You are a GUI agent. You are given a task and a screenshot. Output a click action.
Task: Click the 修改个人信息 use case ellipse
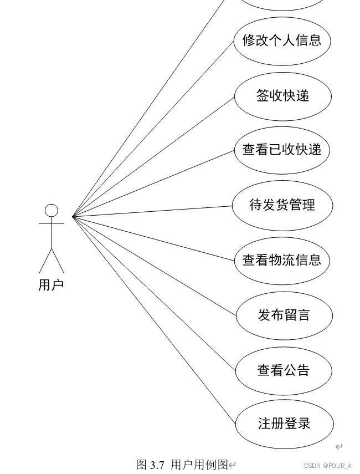282,40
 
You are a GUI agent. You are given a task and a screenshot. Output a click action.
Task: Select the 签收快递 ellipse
282,96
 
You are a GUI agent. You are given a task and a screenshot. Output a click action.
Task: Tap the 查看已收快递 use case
282,150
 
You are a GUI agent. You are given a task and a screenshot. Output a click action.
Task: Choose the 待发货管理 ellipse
282,205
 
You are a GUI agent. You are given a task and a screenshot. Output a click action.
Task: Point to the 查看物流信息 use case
282,260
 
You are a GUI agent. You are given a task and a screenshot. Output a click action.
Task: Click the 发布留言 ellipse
284,315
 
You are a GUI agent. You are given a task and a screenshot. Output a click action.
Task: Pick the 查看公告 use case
283,370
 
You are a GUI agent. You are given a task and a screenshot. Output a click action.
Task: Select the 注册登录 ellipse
284,424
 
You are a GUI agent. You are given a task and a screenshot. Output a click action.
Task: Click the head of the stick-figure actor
52,210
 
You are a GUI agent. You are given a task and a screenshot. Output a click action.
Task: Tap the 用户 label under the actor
51,285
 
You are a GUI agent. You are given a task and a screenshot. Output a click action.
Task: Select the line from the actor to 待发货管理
152,211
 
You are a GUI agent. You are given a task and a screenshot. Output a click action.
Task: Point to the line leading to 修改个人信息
152,129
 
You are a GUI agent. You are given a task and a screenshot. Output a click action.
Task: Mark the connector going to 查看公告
154,293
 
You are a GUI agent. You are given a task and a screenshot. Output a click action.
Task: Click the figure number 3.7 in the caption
157,465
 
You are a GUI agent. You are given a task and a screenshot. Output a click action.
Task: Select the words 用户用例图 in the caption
199,465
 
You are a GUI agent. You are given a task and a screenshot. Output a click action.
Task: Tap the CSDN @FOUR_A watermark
328,466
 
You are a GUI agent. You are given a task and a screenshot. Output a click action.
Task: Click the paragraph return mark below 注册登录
339,447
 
